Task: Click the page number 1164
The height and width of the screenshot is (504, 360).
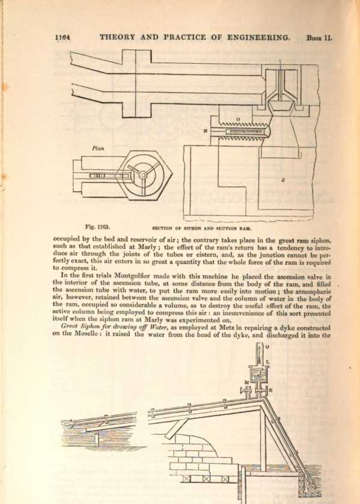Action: coord(63,38)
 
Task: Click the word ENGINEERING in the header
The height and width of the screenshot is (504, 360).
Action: coord(258,37)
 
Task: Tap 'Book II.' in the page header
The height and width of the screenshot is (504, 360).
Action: coord(319,38)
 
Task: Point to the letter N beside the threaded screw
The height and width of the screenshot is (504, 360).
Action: coord(205,131)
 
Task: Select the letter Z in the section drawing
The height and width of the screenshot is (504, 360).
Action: coord(282,180)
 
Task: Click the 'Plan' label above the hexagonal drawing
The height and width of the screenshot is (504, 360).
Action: coord(98,149)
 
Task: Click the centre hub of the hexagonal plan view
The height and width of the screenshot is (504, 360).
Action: coord(142,174)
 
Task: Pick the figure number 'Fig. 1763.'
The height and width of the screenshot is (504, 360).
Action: coord(97,227)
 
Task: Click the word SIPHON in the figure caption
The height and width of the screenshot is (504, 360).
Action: coord(192,229)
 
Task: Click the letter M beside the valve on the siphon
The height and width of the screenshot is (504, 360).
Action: coord(246,383)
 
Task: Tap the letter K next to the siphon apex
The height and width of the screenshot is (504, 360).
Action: coord(270,390)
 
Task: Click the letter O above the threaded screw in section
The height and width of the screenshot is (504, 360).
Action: coord(238,119)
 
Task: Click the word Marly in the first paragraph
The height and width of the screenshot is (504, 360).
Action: coord(138,248)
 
